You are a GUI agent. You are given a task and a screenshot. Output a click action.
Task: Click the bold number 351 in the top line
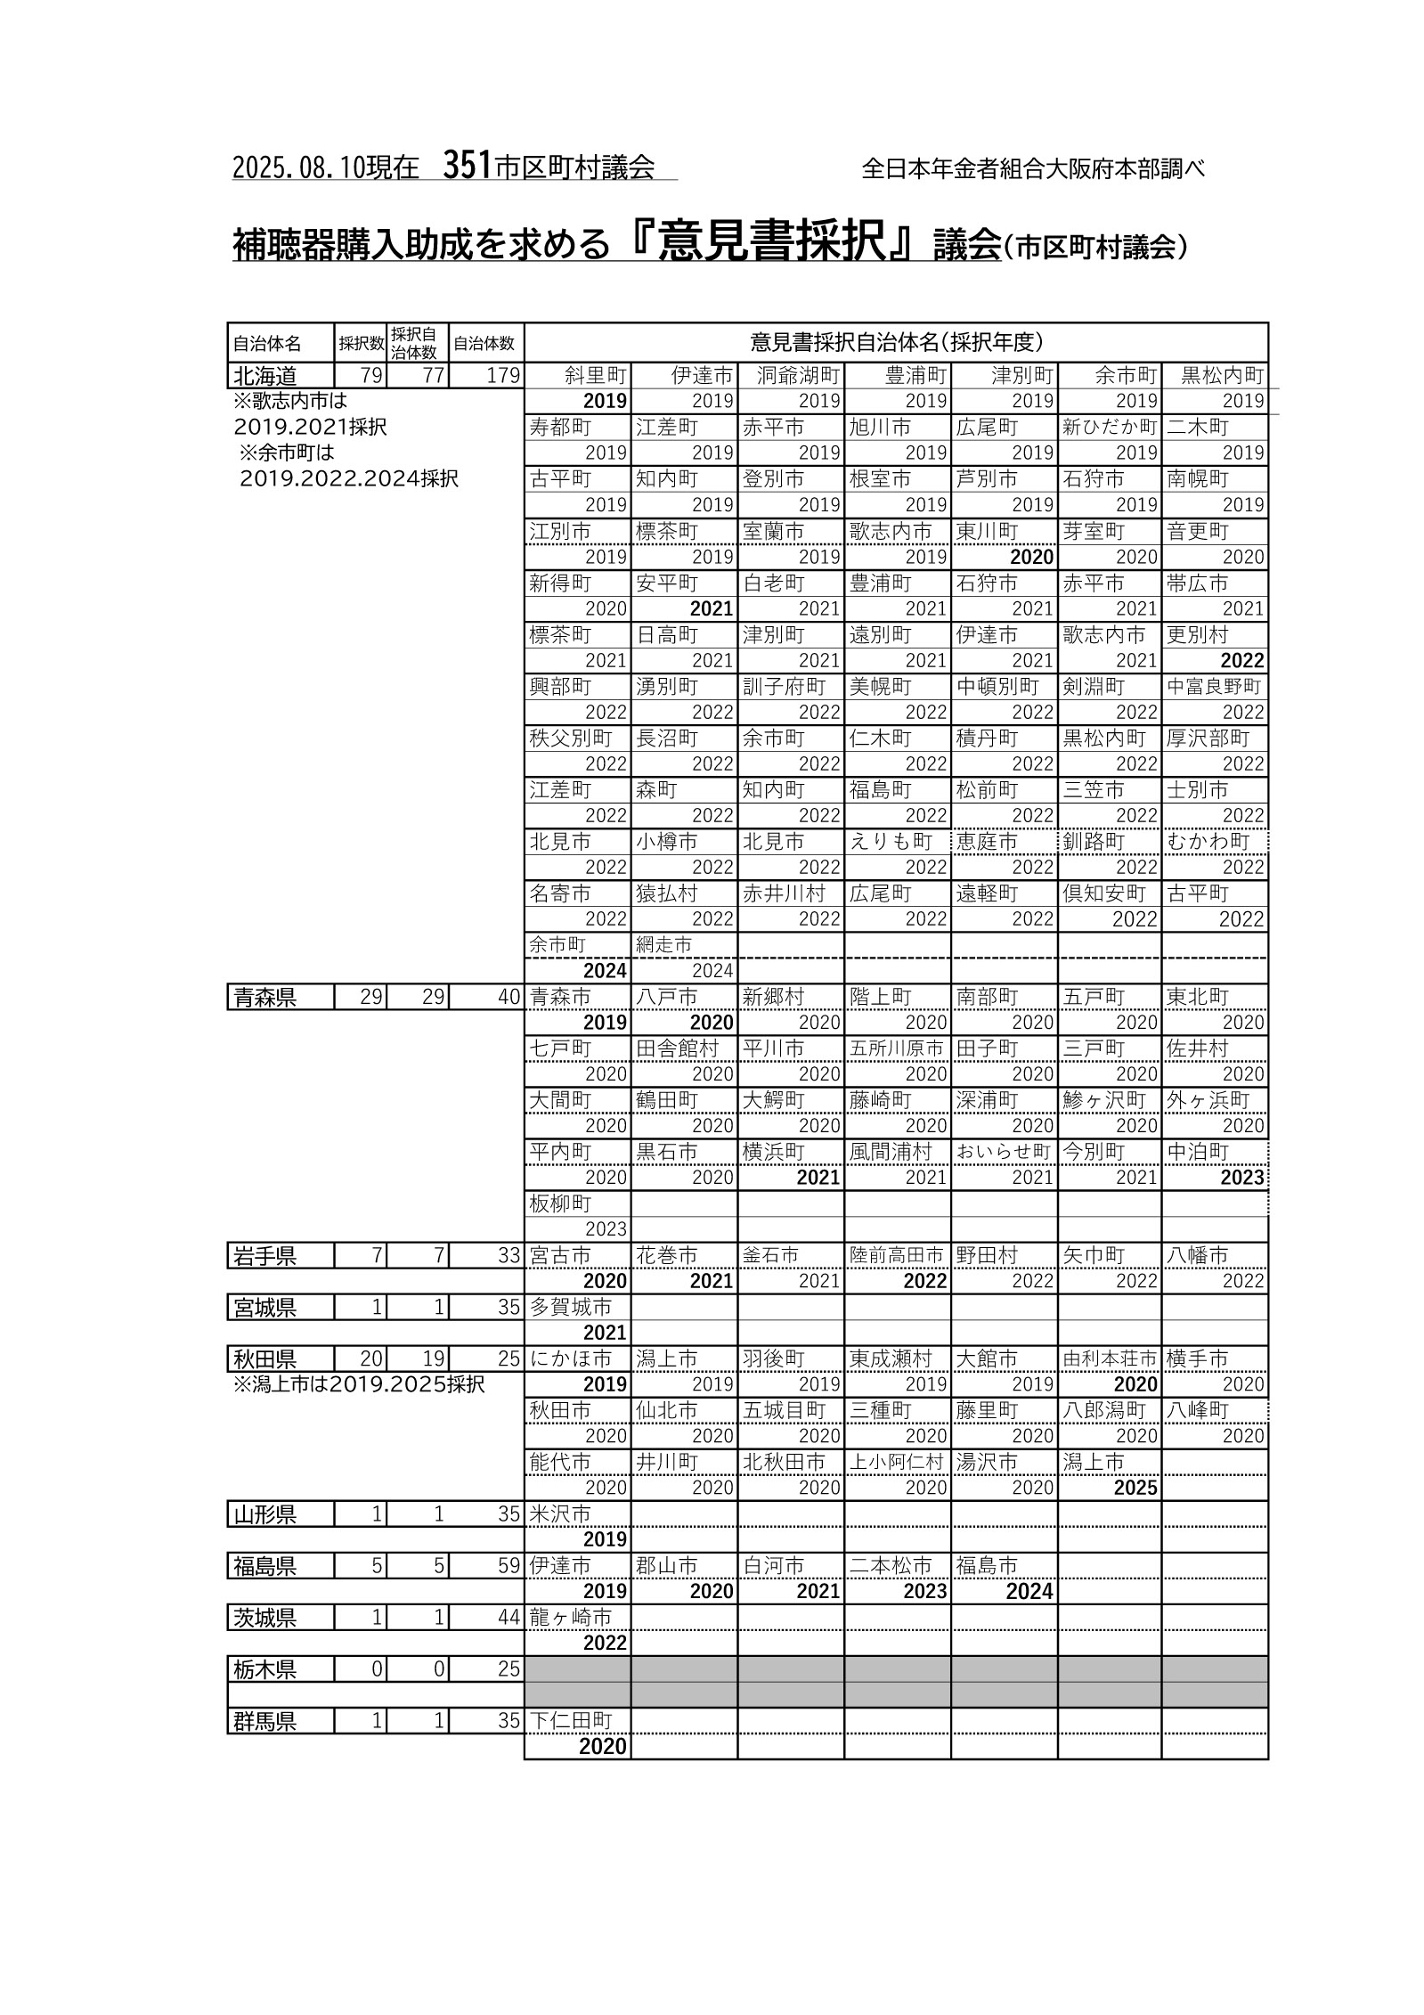click(467, 165)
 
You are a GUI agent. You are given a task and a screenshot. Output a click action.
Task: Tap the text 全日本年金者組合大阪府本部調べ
click(1033, 168)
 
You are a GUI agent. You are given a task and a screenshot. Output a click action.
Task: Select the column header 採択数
click(361, 343)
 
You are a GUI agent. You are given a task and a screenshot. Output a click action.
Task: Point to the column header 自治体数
click(484, 343)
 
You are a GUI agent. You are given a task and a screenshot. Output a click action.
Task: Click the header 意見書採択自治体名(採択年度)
click(896, 342)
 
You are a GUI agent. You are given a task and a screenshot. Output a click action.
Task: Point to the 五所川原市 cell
click(896, 1048)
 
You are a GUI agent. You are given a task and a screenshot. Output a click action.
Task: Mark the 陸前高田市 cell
click(896, 1255)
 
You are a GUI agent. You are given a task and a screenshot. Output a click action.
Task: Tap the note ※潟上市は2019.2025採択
click(358, 1385)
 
